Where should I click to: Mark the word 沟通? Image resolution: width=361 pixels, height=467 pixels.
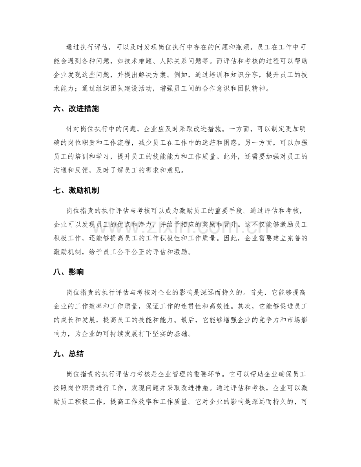pos(62,170)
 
